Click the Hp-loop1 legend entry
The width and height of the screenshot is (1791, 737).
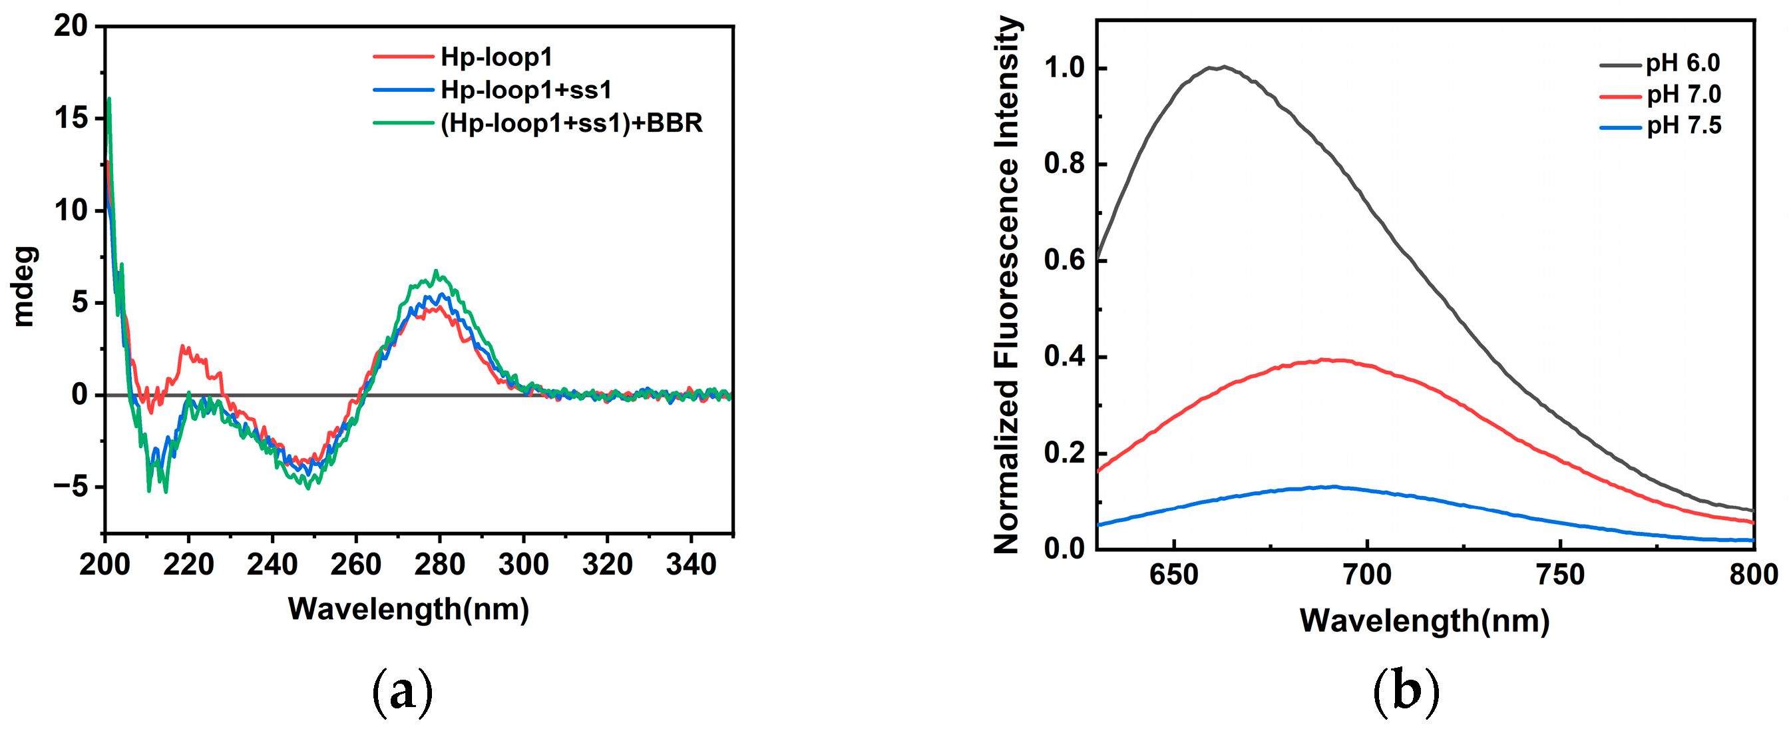(496, 57)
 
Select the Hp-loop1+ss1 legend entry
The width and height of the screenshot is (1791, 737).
(526, 90)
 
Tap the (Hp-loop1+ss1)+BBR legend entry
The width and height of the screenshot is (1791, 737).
(571, 123)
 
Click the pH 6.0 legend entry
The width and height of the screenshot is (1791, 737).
(1682, 63)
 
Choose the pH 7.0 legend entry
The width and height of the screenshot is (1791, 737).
(1683, 94)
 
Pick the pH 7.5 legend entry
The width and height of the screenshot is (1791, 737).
(1683, 125)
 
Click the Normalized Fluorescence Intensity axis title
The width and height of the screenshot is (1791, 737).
(1006, 285)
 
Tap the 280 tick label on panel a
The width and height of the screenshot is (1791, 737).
(439, 565)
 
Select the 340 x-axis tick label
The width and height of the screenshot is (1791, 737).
(691, 565)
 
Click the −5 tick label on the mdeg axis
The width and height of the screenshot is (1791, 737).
(71, 487)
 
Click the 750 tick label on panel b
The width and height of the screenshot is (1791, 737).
(1560, 575)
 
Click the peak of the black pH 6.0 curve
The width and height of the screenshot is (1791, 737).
(1224, 67)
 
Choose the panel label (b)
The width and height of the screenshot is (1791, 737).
(1406, 693)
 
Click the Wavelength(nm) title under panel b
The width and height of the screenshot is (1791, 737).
(1424, 620)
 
